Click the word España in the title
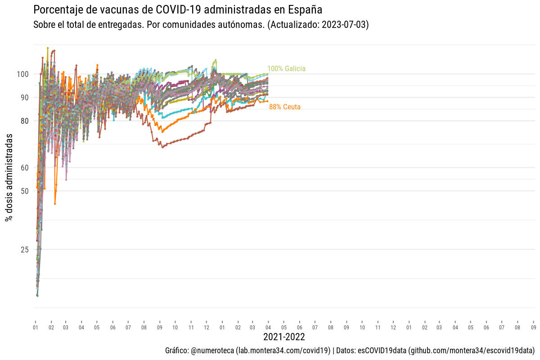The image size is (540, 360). (306, 9)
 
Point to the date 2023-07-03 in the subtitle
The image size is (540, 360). (345, 25)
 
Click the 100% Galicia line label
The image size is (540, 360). (286, 69)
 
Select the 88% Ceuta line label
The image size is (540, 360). (285, 107)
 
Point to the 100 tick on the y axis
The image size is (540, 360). (23, 74)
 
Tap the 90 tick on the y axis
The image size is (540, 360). (25, 97)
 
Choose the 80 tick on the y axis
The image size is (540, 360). (25, 121)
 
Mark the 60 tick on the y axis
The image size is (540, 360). (25, 167)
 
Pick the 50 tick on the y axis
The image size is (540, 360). (25, 191)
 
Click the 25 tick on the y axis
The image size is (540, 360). (25, 249)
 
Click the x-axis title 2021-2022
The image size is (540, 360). (284, 337)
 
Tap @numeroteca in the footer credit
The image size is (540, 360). (212, 351)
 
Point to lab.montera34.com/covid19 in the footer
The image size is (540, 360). (283, 351)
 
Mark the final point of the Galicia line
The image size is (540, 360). (268, 74)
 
